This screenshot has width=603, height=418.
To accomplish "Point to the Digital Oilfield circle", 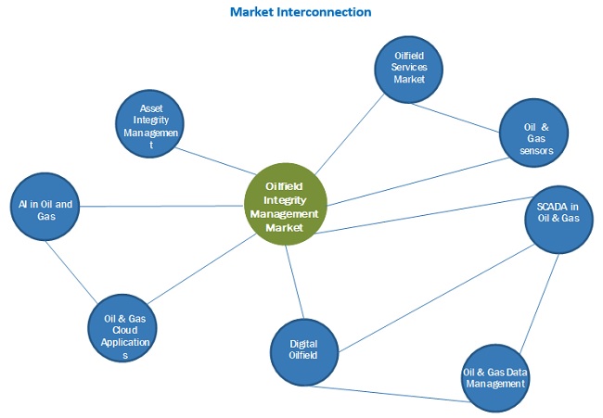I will coord(304,348).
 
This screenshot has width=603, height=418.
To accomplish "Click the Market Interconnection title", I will coord(301,12).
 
